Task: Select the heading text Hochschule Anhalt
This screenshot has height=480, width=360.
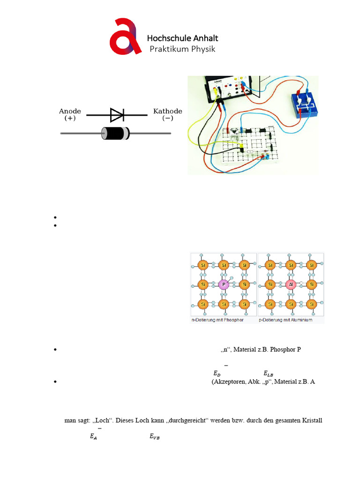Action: [182, 38]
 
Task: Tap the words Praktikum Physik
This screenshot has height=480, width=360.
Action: [182, 49]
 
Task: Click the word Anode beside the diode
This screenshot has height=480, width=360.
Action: [70, 112]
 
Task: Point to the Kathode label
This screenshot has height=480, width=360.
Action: [168, 112]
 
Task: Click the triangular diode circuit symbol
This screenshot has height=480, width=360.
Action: [117, 114]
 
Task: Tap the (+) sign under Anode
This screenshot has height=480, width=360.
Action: [70, 119]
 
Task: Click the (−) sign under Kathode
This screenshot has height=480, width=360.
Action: [167, 119]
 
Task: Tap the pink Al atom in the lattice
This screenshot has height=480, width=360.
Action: [291, 285]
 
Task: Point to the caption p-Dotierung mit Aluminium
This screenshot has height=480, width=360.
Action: [285, 320]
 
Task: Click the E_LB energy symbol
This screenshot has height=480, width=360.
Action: [268, 374]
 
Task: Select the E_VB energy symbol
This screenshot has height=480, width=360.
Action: [155, 437]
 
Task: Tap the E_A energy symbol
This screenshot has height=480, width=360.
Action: [93, 437]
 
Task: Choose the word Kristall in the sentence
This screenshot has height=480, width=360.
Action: [311, 420]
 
